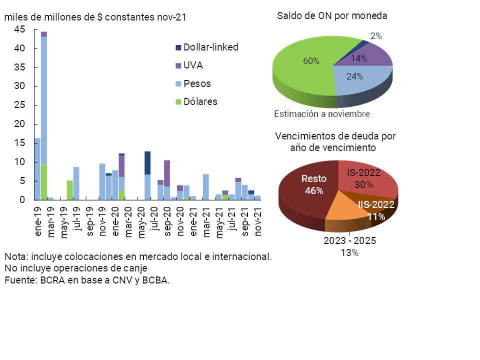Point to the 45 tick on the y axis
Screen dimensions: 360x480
pos(19,29)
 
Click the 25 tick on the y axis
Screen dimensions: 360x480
pos(19,105)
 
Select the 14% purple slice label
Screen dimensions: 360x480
pos(358,58)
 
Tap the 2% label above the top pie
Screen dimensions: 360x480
pos(376,36)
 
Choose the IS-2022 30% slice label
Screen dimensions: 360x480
pos(363,178)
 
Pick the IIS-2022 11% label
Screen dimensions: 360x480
pos(375,210)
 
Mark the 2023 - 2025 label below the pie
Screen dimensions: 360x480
pos(349,241)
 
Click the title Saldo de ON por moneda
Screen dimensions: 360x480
pos(332,16)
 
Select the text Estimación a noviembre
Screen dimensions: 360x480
pos(321,114)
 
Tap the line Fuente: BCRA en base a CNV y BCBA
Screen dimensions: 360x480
pos(87,280)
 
